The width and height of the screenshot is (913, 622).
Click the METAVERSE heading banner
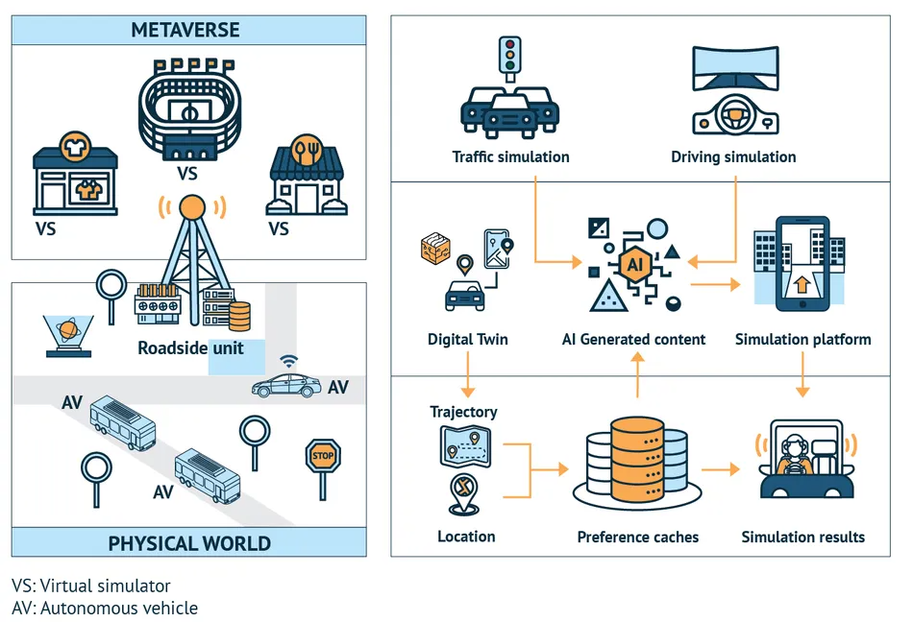(188, 30)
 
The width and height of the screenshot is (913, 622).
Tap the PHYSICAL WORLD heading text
(188, 543)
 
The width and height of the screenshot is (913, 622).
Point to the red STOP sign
(323, 456)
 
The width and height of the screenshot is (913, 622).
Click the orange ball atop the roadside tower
(193, 206)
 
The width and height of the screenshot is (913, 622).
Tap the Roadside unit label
(190, 347)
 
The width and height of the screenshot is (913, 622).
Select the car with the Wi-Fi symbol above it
(286, 386)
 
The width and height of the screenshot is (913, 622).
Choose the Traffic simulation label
(510, 156)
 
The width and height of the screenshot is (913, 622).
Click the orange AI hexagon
(636, 262)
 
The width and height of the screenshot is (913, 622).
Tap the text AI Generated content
(633, 339)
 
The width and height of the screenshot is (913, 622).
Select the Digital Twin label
(468, 339)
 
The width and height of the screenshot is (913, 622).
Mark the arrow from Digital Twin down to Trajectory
(468, 374)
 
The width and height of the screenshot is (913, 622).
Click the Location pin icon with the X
(465, 492)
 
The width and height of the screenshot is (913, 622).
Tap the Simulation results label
(802, 537)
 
